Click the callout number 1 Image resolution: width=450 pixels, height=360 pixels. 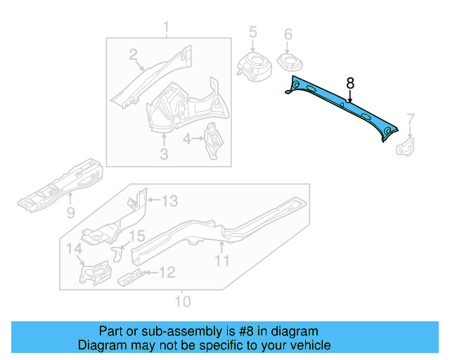click(x=167, y=28)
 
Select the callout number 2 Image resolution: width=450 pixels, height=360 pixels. click(x=132, y=55)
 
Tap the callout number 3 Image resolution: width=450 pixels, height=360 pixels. click(x=163, y=153)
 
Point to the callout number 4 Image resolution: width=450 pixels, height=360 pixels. click(x=187, y=139)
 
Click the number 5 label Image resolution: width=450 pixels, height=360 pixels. click(x=253, y=32)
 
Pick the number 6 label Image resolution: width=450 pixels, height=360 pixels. click(x=288, y=34)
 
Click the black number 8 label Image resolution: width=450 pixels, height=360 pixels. click(x=350, y=83)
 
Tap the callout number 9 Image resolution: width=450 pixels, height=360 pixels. click(x=70, y=212)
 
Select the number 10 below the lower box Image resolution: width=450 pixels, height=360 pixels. click(x=182, y=302)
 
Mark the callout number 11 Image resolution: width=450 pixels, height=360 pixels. click(x=222, y=261)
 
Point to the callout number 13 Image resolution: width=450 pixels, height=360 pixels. click(x=170, y=202)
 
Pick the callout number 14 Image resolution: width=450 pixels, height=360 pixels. click(x=74, y=248)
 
